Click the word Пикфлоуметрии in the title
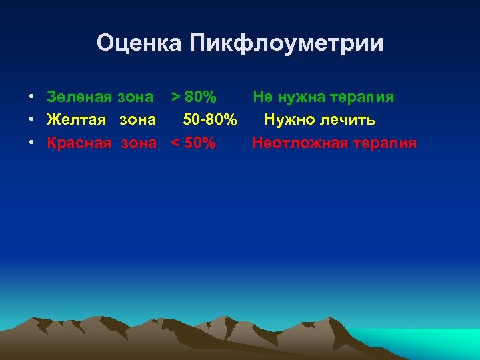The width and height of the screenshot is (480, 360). tap(287, 43)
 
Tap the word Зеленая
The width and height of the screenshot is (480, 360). tap(80, 97)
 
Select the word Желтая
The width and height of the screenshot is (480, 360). tap(76, 120)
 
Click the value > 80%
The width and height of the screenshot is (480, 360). tap(193, 97)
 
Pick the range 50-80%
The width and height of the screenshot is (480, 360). tap(210, 120)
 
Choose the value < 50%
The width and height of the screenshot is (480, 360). tap(193, 143)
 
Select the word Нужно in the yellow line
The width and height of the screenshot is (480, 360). tap(289, 120)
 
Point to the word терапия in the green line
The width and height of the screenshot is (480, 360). tap(363, 97)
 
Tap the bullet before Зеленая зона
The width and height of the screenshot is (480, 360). tap(32, 98)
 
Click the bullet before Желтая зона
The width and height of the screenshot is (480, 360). tap(32, 121)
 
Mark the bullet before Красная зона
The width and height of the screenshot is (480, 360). tap(32, 143)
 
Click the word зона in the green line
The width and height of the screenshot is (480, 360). tap(135, 97)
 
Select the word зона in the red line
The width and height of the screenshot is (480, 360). tap(139, 143)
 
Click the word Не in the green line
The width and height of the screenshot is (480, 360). tap(262, 97)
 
